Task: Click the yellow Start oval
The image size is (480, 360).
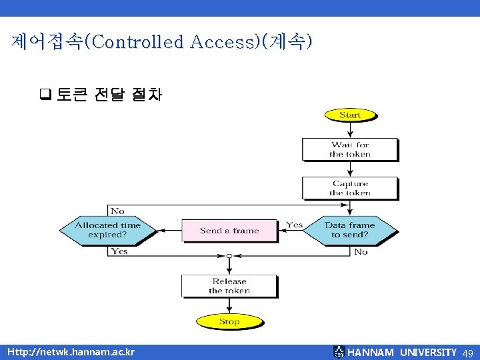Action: click(x=350, y=115)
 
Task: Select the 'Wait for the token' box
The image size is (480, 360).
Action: click(x=349, y=149)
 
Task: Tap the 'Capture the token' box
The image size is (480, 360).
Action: click(x=349, y=188)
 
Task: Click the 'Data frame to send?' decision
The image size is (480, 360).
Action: click(x=349, y=230)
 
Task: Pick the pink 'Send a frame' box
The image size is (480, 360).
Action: click(x=229, y=231)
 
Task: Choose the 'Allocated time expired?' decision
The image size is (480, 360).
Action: click(x=107, y=230)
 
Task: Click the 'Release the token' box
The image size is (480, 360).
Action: click(x=229, y=286)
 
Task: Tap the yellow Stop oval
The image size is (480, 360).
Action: click(x=229, y=321)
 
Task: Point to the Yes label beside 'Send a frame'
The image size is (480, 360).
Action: click(x=294, y=225)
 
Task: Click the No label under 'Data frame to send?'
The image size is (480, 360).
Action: click(x=361, y=251)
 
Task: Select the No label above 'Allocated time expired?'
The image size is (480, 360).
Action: click(x=117, y=211)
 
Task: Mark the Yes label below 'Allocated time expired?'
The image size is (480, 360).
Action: click(x=119, y=251)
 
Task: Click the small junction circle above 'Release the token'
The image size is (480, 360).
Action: click(x=229, y=256)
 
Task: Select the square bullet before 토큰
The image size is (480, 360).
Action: click(x=45, y=95)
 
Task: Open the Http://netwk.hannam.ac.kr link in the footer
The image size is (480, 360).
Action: click(x=71, y=352)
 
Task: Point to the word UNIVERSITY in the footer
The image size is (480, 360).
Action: click(x=428, y=352)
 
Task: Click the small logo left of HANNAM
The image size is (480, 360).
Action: click(x=339, y=351)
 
